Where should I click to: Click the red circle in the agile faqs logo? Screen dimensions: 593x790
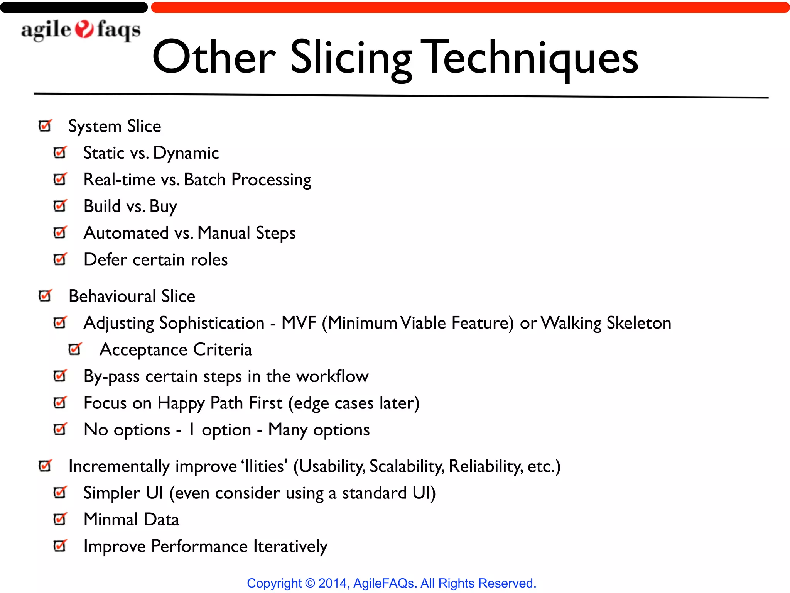[84, 29]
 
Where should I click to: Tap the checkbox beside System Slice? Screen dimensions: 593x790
[45, 125]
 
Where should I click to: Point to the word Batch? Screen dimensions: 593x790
[204, 180]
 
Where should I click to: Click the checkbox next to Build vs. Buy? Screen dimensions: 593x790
[60, 206]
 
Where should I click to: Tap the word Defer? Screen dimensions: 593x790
[105, 259]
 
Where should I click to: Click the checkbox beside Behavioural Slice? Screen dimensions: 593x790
[45, 296]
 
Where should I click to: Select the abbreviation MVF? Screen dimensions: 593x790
[299, 323]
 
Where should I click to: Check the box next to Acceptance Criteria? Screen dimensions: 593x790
[75, 349]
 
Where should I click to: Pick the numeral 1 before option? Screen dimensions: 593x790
[191, 430]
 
